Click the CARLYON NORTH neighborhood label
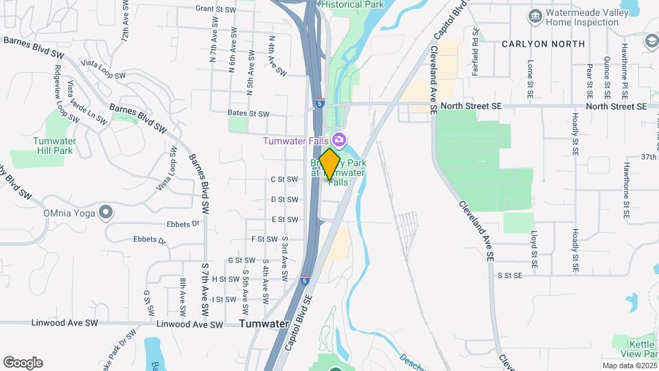tap(543, 43)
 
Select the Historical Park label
tap(353, 4)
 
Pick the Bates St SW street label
tap(249, 113)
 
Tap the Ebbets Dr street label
tap(182, 224)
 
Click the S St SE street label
tap(510, 275)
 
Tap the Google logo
tap(23, 362)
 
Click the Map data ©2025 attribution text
tap(629, 366)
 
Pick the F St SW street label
tap(263, 239)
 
